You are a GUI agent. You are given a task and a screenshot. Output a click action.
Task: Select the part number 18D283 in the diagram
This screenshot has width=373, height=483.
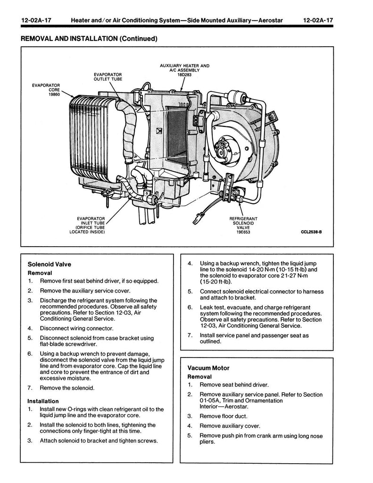click(184, 75)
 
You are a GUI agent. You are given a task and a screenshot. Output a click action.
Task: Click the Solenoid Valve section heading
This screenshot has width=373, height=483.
click(50, 264)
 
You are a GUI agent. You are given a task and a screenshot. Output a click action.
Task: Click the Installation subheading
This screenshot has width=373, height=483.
click(43, 401)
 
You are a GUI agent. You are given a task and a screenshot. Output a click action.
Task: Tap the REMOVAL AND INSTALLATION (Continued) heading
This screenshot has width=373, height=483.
click(89, 39)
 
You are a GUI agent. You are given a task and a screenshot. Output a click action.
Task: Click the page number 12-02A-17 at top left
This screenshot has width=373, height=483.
click(36, 21)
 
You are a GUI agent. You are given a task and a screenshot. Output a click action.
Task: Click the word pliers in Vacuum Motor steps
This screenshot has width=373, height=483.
click(207, 442)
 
